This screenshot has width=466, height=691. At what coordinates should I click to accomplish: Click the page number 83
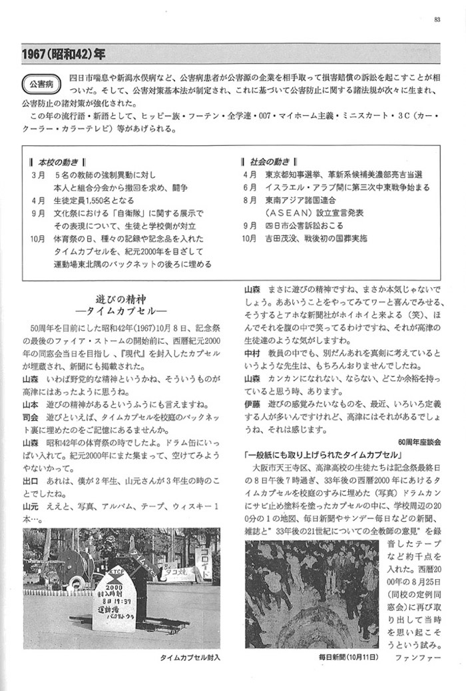tap(437, 19)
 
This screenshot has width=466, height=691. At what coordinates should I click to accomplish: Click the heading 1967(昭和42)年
tap(63, 52)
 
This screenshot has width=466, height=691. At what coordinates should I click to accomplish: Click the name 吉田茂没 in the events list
tap(284, 237)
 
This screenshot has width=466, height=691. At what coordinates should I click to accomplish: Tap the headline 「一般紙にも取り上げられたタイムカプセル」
tap(327, 454)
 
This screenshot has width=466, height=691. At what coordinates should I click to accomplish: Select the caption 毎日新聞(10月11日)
tap(348, 657)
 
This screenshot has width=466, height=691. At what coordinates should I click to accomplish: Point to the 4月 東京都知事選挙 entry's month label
tap(250, 175)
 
